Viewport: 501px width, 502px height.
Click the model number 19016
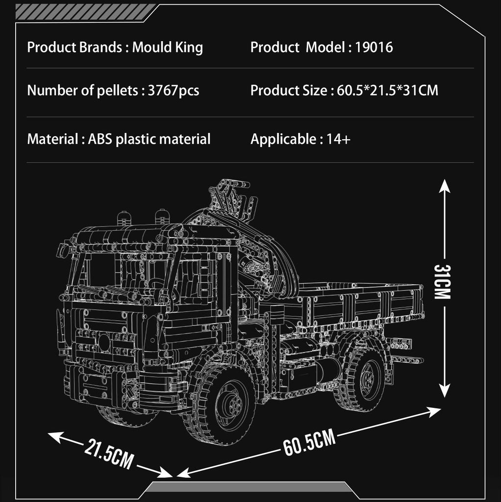click(x=374, y=48)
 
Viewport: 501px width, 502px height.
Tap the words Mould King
click(x=167, y=48)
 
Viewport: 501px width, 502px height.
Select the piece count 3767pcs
click(x=173, y=91)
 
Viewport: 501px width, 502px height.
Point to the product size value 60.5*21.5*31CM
click(x=387, y=91)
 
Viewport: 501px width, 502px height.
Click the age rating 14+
click(x=338, y=139)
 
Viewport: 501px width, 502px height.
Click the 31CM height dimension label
click(x=442, y=282)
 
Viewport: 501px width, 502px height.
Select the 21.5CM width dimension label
click(x=109, y=453)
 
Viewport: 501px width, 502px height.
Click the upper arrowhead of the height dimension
click(x=444, y=186)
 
